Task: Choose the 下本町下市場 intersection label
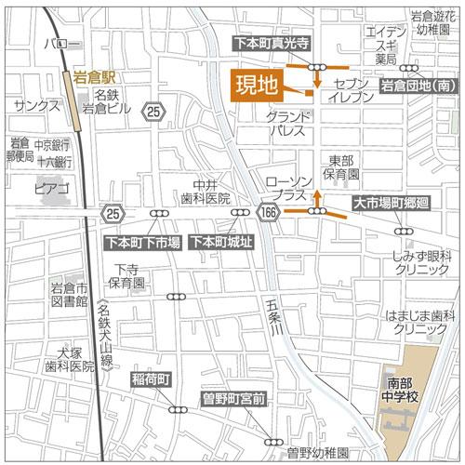tap(142, 243)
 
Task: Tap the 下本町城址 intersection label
tap(219, 243)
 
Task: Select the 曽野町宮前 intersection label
tap(234, 399)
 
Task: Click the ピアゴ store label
tap(52, 189)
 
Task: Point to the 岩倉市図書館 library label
tap(69, 295)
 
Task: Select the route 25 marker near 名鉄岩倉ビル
tap(153, 113)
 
